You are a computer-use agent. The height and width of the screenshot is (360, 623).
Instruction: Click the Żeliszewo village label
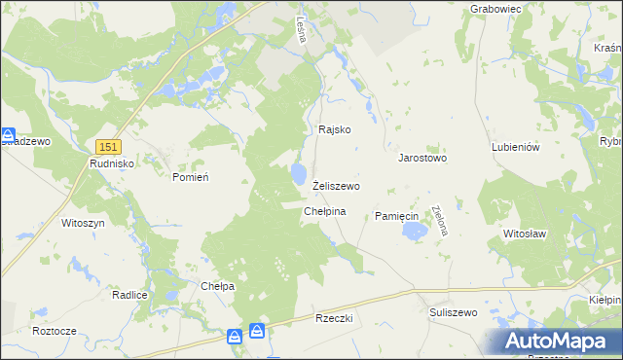pos(337,186)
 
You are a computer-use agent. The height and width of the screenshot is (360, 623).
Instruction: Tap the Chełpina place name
pos(325,211)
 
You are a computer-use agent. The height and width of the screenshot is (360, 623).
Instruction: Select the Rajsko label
pos(334,129)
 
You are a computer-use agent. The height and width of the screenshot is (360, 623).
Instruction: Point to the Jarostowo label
pos(421,157)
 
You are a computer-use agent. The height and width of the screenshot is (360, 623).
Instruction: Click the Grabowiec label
pos(497,9)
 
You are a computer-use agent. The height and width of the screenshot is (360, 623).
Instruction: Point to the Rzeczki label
pos(334,318)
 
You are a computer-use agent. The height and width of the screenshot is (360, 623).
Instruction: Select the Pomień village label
pos(191,177)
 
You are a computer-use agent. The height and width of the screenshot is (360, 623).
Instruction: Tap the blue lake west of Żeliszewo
pos(296,174)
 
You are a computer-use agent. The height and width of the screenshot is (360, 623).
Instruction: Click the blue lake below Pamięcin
pos(416,232)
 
